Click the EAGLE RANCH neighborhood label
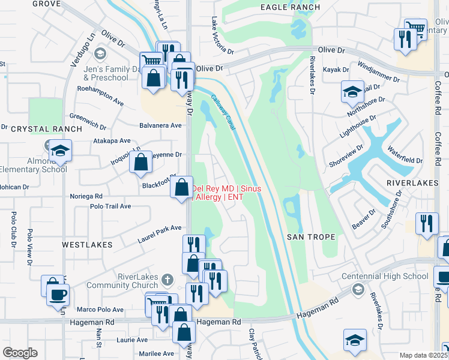pyautogui.click(x=291, y=7)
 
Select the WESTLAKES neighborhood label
pyautogui.click(x=86, y=245)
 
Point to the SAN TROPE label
pyautogui.click(x=310, y=237)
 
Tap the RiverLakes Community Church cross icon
pyautogui.click(x=167, y=279)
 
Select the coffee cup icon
pyautogui.click(x=58, y=295)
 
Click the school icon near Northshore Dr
pyautogui.click(x=352, y=92)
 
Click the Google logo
pyautogui.click(x=20, y=353)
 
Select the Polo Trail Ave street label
pyautogui.click(x=110, y=206)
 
